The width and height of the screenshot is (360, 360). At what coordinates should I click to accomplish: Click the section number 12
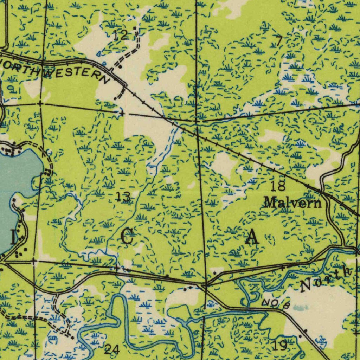120,35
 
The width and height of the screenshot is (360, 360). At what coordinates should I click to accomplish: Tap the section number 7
279,41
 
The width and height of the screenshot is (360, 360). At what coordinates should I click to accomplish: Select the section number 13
123,197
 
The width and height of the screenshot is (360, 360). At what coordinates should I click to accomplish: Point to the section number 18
278,186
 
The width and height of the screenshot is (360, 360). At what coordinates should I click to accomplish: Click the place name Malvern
292,203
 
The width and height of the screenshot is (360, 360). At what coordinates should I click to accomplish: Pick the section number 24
112,349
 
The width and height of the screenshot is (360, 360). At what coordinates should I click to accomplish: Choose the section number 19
280,345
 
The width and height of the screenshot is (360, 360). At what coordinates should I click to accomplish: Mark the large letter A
252,238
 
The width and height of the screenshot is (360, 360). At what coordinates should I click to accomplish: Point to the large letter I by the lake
13,238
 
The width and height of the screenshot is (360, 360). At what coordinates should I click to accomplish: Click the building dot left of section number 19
300,336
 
